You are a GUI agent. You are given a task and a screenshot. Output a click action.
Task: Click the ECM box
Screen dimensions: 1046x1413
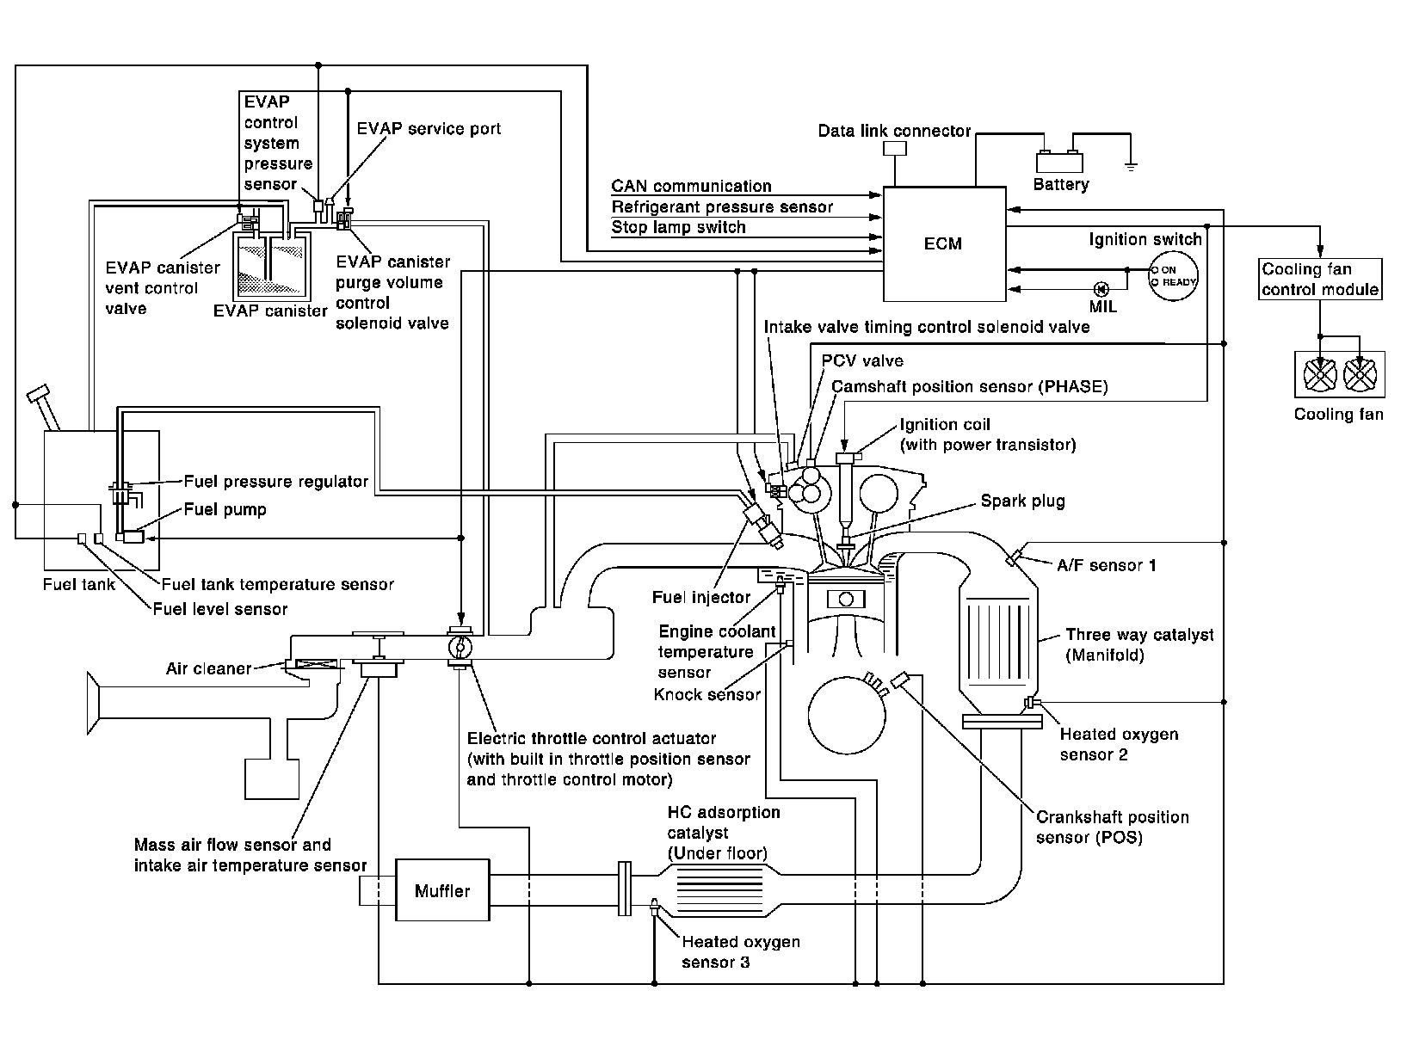pos(944,244)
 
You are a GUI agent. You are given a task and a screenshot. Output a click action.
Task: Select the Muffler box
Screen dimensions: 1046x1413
pos(442,890)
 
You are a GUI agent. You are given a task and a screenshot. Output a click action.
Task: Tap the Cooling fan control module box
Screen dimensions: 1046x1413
pos(1320,280)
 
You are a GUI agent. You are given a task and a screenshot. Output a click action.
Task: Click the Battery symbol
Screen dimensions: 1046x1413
pos(1059,162)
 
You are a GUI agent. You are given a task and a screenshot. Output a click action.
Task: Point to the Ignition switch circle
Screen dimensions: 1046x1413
pos(1174,275)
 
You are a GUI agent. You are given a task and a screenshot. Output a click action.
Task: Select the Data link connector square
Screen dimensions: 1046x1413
pos(895,148)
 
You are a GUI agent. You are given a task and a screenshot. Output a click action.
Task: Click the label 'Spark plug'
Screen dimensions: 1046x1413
pos(1022,501)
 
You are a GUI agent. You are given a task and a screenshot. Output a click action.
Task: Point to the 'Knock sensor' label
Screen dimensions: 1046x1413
pos(707,694)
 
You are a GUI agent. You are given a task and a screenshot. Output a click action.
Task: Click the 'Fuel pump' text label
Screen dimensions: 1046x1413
pos(225,509)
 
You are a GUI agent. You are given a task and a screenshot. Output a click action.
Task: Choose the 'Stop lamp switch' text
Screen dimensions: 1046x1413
pos(678,228)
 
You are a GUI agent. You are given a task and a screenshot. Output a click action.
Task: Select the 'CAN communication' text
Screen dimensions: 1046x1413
pos(691,187)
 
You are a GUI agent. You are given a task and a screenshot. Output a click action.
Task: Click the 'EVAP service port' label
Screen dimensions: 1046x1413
pos(429,129)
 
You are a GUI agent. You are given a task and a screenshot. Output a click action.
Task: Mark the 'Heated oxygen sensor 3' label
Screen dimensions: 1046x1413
pos(740,951)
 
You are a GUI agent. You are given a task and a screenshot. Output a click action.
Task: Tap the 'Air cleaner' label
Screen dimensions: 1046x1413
pos(209,668)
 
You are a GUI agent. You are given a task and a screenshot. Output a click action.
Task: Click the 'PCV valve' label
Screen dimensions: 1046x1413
pos(862,360)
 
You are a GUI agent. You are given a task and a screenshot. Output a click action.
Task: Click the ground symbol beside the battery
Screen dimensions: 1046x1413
pos(1132,165)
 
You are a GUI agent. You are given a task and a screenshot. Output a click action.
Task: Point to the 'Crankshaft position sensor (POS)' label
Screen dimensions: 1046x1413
pos(1112,827)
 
